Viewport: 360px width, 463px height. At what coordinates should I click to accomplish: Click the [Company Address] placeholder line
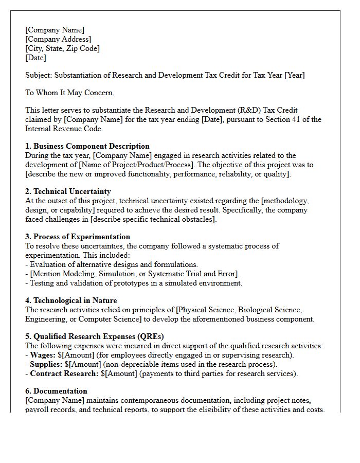(58, 39)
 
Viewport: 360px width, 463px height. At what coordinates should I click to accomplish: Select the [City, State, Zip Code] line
(62, 48)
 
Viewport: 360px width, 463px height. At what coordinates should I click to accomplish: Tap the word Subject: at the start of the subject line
(39, 75)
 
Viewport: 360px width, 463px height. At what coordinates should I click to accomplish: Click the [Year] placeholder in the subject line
(295, 75)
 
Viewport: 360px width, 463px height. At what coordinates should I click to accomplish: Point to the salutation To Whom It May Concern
(69, 93)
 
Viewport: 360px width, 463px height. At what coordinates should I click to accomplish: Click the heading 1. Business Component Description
(87, 146)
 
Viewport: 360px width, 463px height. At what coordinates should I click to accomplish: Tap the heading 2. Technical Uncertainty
(68, 191)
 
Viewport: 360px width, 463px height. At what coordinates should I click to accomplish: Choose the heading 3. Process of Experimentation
(78, 237)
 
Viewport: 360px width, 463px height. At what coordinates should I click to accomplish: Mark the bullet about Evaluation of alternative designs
(112, 264)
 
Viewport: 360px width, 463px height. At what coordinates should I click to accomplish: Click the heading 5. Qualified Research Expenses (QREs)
(95, 336)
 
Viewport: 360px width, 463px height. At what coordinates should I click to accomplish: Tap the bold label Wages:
(43, 355)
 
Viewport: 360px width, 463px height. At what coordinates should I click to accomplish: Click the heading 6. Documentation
(57, 391)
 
